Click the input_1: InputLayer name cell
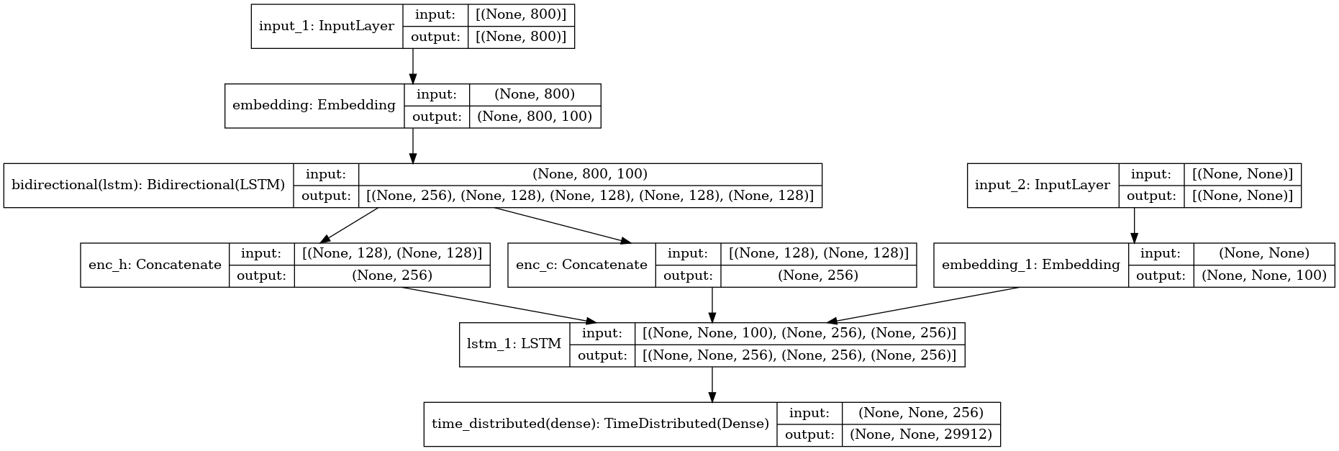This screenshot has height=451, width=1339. click(327, 26)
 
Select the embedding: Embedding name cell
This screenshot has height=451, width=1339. click(314, 106)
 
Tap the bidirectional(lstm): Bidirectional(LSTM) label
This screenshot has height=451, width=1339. click(148, 186)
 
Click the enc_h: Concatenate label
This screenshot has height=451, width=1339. click(155, 265)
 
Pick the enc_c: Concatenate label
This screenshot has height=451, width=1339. click(581, 265)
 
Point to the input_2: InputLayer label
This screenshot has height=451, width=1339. click(1043, 186)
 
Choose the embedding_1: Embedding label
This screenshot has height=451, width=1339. click(1030, 265)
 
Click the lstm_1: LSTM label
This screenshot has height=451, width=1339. click(514, 345)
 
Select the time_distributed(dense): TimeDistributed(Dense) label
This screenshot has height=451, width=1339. click(600, 424)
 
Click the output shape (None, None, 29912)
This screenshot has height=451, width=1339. click(921, 435)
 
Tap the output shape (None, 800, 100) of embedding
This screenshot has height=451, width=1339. click(535, 117)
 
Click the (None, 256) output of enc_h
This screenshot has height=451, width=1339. click(392, 275)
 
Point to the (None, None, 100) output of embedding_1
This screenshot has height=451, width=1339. click(1264, 275)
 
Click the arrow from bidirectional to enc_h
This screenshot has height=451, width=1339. click(349, 225)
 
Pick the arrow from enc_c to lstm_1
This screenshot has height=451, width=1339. click(712, 305)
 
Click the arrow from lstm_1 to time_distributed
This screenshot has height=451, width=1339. click(712, 384)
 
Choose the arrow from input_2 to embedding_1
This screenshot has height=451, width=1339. click(1134, 225)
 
